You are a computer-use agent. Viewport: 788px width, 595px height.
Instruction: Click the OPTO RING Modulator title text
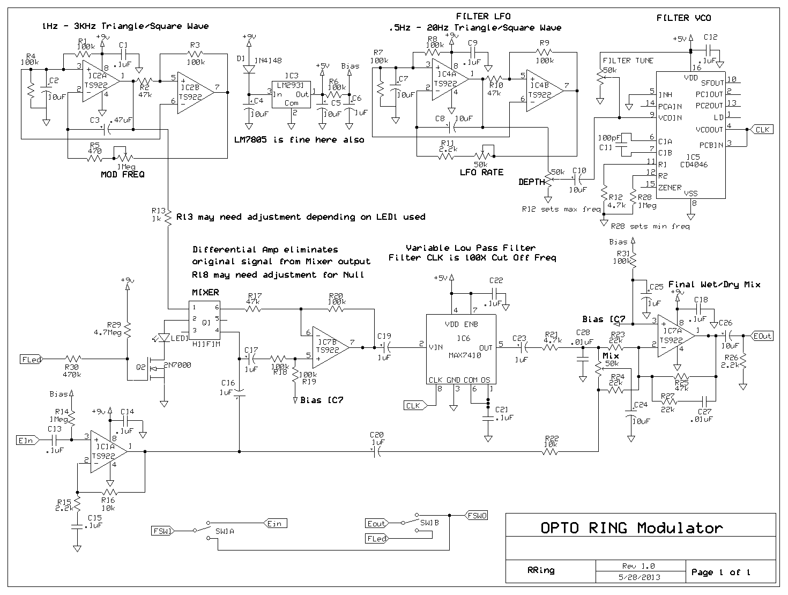(631, 528)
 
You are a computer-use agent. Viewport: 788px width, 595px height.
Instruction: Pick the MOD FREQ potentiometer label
(122, 175)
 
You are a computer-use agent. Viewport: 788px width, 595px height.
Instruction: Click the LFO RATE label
(481, 173)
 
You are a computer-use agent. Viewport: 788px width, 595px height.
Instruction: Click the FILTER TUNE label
(628, 61)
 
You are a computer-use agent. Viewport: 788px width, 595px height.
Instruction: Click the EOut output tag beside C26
(762, 336)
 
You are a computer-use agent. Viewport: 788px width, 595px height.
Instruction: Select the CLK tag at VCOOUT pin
(761, 129)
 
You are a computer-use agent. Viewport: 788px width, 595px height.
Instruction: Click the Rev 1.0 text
(641, 566)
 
